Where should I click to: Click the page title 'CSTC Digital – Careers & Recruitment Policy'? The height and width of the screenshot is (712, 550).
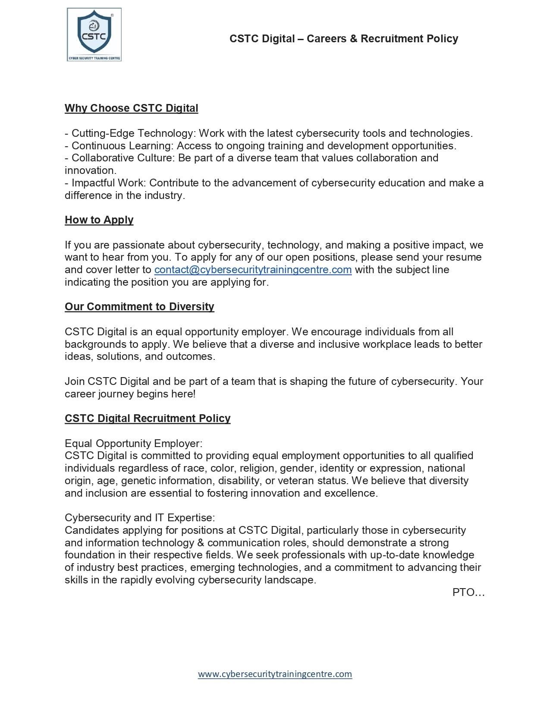tap(343, 39)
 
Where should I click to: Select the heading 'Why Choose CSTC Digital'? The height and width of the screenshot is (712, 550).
tap(131, 108)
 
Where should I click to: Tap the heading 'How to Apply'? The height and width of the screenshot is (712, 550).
tap(99, 220)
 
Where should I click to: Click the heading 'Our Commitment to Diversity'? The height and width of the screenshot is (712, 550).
tap(139, 307)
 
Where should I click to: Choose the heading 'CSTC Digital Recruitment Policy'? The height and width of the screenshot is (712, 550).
tap(148, 419)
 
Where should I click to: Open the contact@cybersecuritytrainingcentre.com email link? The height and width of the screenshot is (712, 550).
tap(253, 270)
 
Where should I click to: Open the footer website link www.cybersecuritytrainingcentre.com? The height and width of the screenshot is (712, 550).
tap(275, 674)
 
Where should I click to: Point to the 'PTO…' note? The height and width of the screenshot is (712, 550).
tap(468, 592)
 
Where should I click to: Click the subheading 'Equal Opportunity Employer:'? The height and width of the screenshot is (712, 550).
tap(133, 444)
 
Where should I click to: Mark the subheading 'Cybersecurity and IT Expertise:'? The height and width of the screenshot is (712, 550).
tap(140, 518)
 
